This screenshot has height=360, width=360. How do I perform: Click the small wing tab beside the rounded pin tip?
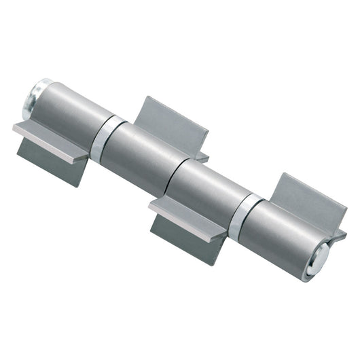point(338,236)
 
